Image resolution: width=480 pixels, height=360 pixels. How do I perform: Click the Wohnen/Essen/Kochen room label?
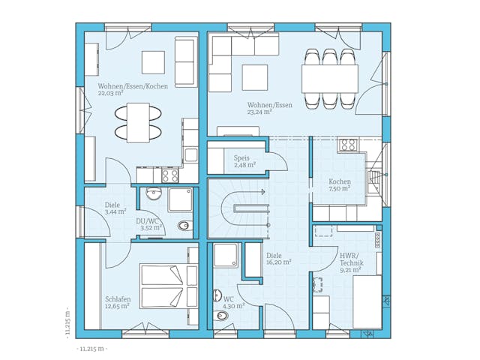click(133, 86)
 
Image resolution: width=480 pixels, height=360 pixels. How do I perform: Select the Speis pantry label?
click(241, 159)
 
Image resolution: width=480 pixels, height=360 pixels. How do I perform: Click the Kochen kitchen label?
click(340, 182)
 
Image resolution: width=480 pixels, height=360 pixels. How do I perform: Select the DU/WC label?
click(148, 221)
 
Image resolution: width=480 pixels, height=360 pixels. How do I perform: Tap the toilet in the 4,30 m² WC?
click(222, 316)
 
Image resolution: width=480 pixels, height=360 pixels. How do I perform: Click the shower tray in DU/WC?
click(180, 199)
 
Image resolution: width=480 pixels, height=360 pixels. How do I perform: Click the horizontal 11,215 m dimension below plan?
click(91, 349)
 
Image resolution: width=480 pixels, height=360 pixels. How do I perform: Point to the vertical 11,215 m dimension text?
click(67, 322)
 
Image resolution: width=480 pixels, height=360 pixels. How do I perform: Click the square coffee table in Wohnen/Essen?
click(254, 77)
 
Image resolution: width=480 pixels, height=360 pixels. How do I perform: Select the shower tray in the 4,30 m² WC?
click(226, 256)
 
